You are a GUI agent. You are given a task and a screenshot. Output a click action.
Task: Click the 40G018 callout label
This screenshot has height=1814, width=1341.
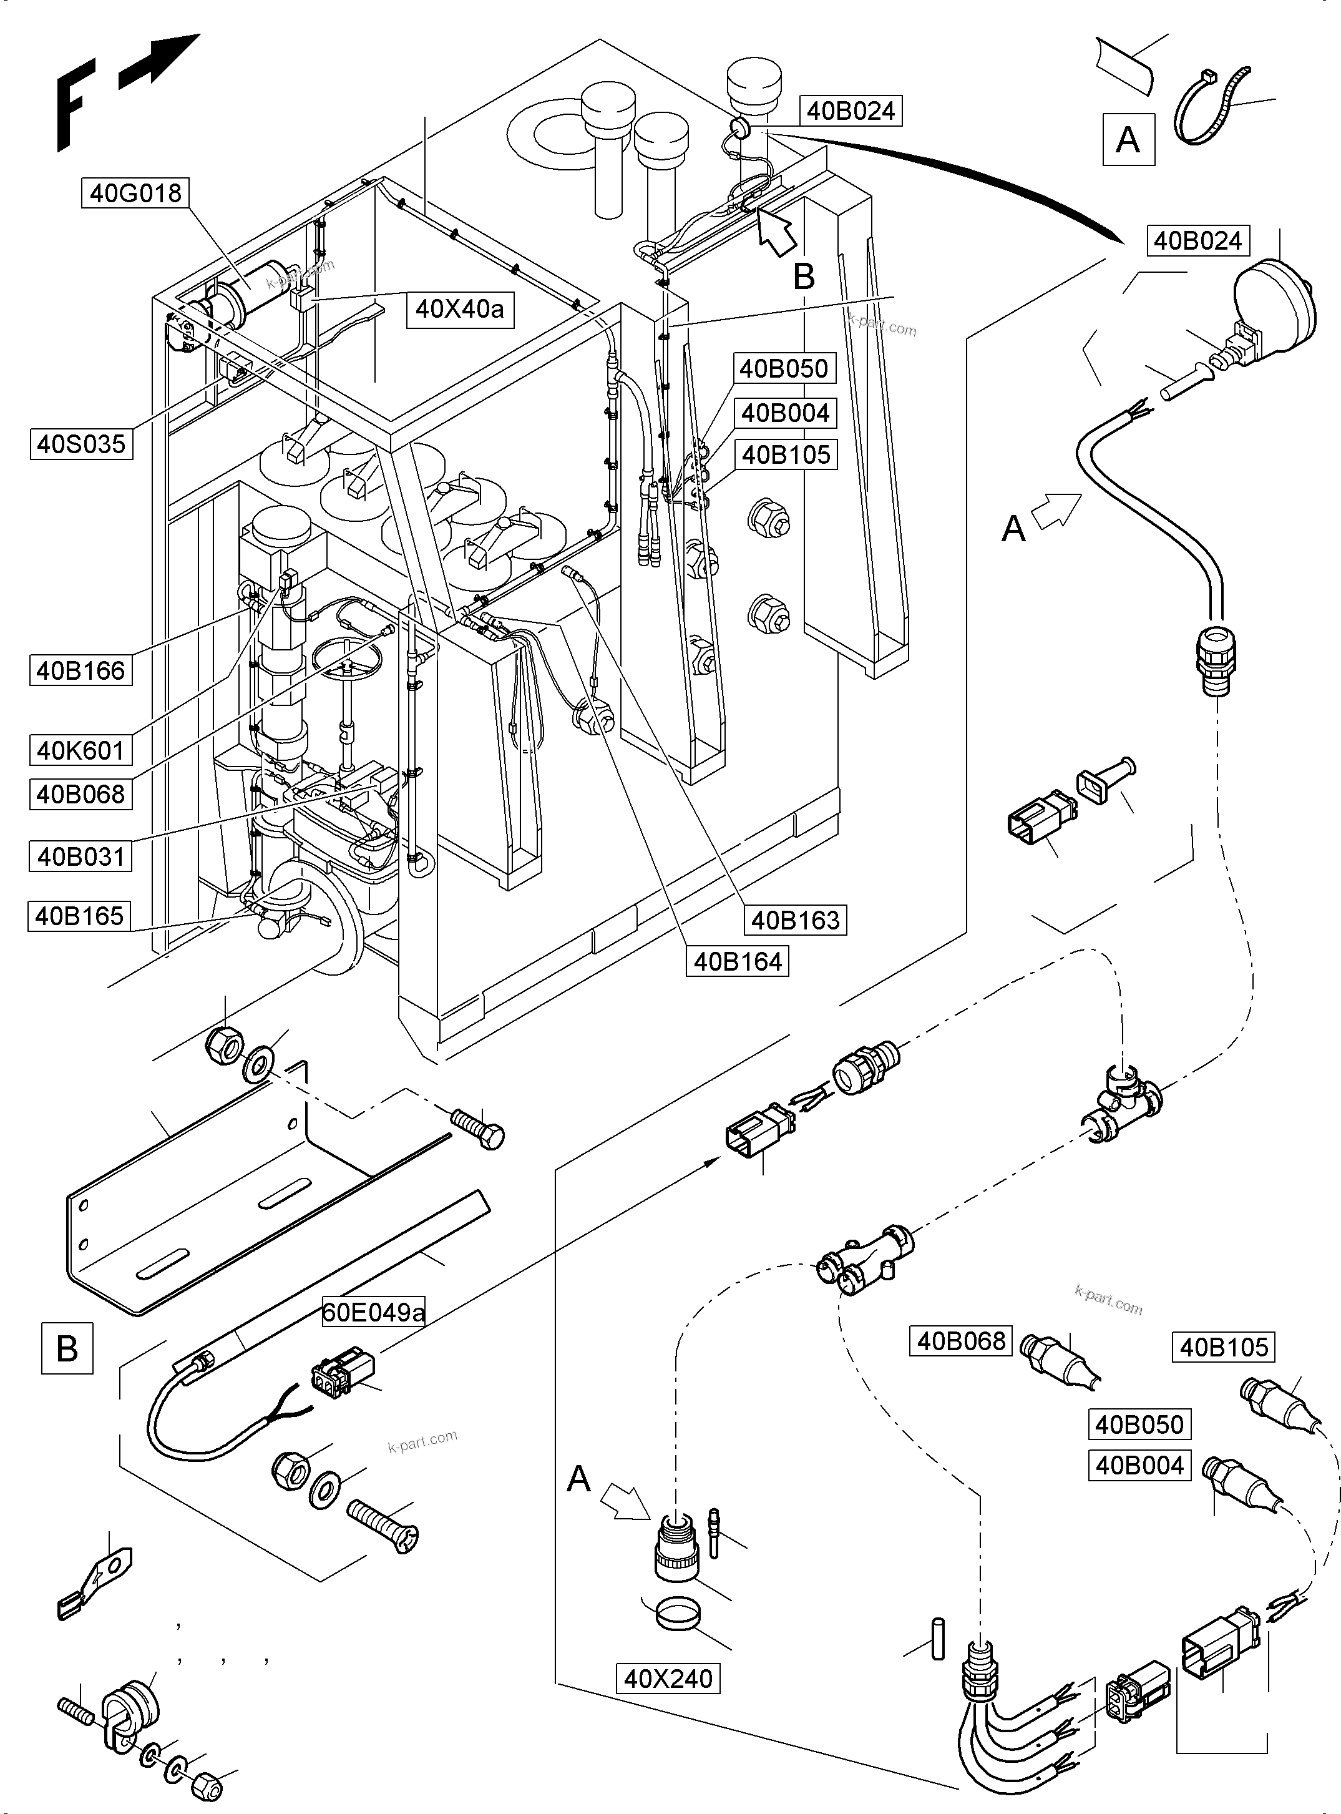pos(135,194)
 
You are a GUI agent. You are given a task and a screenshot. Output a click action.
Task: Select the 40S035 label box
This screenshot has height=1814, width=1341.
pos(81,444)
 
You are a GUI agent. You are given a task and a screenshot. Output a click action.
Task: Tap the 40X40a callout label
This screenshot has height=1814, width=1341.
pos(459,308)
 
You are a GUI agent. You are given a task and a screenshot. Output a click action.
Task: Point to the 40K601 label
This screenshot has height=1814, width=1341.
pos(80,750)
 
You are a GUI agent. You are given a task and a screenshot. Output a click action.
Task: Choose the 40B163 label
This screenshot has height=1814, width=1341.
pos(796,920)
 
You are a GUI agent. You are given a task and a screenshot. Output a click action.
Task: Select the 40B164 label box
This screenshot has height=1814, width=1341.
pos(737,961)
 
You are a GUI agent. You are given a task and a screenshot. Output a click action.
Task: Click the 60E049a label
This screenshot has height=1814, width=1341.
pos(373,1312)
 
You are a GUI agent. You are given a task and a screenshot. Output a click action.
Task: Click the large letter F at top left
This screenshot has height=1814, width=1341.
pos(71,105)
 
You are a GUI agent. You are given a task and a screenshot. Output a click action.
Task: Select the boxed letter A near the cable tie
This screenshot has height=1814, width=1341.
pos(1128,140)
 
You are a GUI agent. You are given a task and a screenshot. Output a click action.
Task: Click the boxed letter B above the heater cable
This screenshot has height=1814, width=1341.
pos(67,1349)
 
